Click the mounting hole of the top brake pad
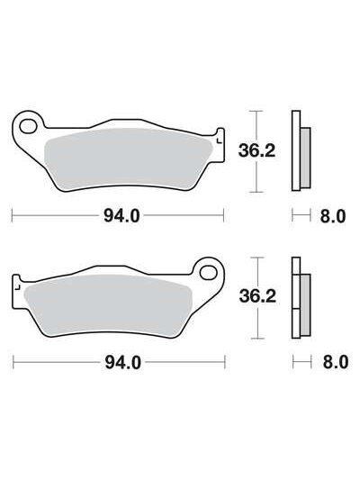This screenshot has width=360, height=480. [27, 126]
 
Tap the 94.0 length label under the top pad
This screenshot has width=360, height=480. [121, 216]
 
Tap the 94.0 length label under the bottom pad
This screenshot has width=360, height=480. [122, 363]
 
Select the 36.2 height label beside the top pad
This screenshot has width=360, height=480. [256, 150]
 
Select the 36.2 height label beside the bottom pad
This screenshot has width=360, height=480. [257, 296]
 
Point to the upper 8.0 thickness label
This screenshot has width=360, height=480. [333, 216]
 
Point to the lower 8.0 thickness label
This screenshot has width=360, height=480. [336, 362]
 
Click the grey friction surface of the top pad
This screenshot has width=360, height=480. [129, 159]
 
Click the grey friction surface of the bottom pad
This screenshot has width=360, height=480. [107, 304]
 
